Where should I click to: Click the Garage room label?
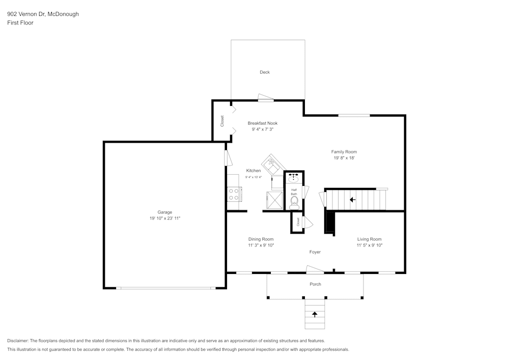[x=164, y=212]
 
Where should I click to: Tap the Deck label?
[x=265, y=72]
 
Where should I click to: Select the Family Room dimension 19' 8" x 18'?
[x=344, y=158]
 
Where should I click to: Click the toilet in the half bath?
[x=294, y=204]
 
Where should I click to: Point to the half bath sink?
[x=294, y=178]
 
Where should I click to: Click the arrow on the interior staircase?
[x=352, y=200]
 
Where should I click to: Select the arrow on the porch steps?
[x=315, y=314]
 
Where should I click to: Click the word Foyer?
[x=315, y=252]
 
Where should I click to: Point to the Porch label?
[x=315, y=284]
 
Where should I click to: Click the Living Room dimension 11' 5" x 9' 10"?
[x=369, y=245]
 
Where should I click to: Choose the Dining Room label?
[x=261, y=239]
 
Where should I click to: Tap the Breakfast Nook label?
[x=263, y=123]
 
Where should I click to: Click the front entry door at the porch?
[x=315, y=269]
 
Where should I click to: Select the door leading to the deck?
[x=266, y=98]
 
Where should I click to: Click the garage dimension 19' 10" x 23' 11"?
[x=164, y=218]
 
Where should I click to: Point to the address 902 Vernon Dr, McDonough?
[x=43, y=14]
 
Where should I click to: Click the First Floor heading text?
[x=20, y=23]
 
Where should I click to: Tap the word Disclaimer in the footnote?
[x=18, y=341]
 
